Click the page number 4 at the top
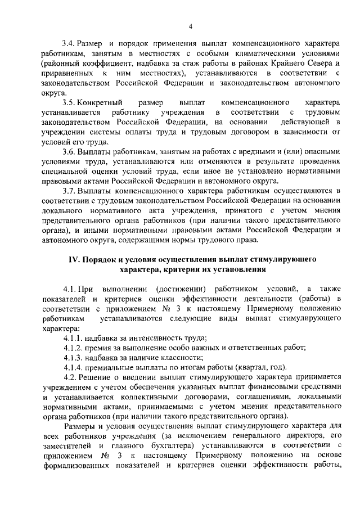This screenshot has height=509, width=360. [x=190, y=26]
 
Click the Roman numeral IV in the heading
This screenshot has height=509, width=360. [x=73, y=259]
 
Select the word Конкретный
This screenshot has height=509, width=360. [x=99, y=103]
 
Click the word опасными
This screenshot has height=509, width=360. [x=322, y=151]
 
